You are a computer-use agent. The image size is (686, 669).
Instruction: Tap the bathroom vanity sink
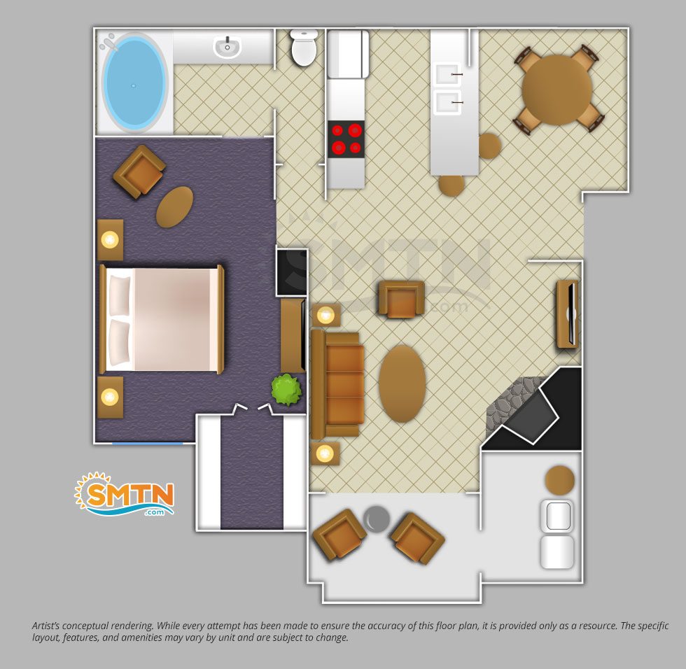point(227,46)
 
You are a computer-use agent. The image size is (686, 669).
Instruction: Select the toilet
point(304,48)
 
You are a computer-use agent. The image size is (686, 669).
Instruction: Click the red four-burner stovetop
point(346,139)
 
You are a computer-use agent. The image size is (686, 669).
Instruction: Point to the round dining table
point(556,90)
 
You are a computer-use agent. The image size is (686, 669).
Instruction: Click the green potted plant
point(286,389)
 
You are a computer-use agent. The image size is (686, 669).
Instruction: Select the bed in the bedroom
point(162,320)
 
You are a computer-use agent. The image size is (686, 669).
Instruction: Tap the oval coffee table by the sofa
point(402,383)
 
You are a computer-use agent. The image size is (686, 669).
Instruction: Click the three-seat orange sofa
point(337,384)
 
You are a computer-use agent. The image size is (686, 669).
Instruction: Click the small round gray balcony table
point(377,519)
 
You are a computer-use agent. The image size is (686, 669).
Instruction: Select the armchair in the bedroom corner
point(139,171)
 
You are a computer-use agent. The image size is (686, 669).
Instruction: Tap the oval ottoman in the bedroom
point(174,207)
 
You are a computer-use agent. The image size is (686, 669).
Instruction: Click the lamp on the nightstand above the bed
point(109,239)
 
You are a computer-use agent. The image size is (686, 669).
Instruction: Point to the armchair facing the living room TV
point(401,299)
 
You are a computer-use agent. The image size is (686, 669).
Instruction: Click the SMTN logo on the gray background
point(125,495)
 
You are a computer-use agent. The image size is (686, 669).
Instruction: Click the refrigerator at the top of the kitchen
point(349,54)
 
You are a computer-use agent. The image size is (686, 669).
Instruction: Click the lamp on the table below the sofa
point(325,454)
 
